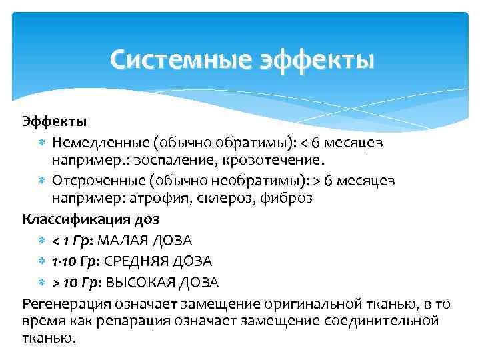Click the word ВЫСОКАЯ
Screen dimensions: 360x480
tap(141, 282)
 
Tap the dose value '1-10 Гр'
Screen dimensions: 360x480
tap(76, 261)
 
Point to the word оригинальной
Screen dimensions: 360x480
tap(321, 304)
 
